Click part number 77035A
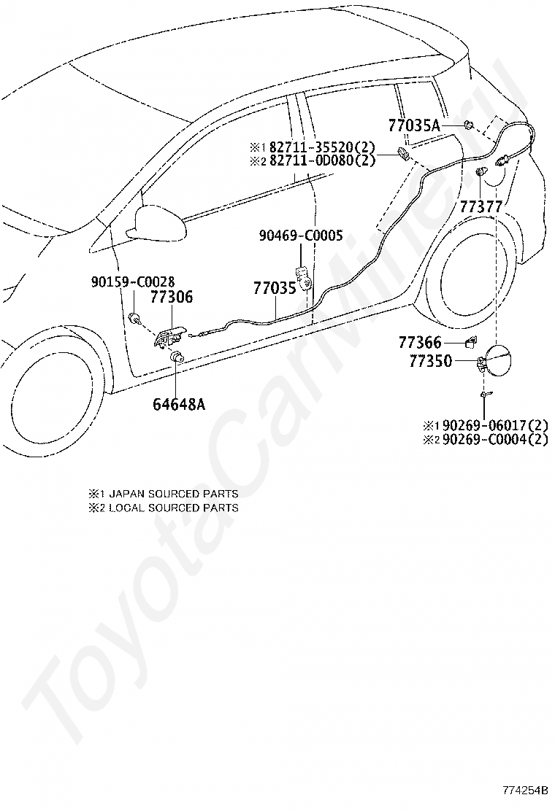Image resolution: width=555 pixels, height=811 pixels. tap(414, 125)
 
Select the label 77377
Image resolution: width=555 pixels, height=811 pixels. tap(481, 207)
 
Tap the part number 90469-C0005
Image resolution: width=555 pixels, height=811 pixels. tap(301, 236)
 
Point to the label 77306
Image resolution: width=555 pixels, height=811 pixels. tap(172, 297)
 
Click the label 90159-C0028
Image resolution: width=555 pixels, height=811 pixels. tap(133, 282)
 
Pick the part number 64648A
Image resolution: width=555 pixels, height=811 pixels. tap(179, 404)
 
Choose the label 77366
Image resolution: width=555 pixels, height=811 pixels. tap(420, 342)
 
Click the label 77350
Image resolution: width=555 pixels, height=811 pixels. tap(430, 361)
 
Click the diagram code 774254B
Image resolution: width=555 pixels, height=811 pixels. tap(524, 790)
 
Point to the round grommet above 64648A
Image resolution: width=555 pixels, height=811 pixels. tap(177, 356)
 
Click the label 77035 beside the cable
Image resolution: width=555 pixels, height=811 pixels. tap(274, 288)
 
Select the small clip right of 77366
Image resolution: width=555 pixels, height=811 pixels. tap(472, 341)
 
